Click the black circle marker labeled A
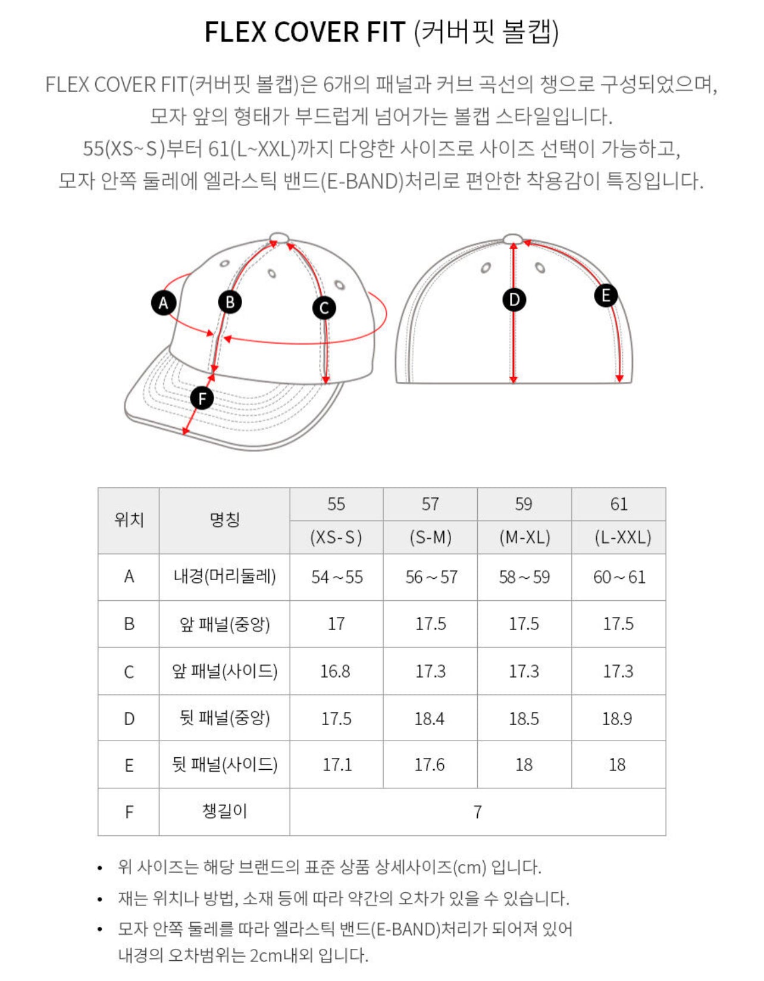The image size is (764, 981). (x=164, y=303)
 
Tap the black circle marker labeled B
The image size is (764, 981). (x=230, y=302)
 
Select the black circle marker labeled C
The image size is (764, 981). (x=324, y=308)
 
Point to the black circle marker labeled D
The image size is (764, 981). (x=514, y=299)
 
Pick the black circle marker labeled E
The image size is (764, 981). (x=606, y=295)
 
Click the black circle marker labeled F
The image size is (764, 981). (x=202, y=398)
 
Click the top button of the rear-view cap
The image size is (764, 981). (x=513, y=239)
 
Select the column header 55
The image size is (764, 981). (x=336, y=504)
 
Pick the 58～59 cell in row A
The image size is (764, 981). (x=524, y=577)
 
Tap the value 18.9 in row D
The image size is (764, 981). (x=617, y=719)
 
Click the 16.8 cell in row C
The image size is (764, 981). (x=336, y=671)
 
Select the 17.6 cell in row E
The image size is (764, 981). (x=430, y=764)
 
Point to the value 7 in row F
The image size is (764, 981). (x=477, y=812)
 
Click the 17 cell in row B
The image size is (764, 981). (x=336, y=623)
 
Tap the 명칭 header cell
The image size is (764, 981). (x=224, y=521)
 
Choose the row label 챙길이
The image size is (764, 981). (x=224, y=811)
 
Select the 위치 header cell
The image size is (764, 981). (x=129, y=521)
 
